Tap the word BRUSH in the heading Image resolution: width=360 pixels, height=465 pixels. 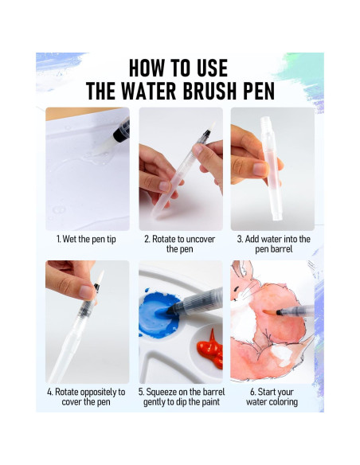(209, 91)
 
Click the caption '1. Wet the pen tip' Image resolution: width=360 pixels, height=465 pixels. (86, 239)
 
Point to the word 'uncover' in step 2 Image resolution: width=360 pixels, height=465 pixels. (199, 239)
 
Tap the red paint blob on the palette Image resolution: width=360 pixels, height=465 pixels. (211, 349)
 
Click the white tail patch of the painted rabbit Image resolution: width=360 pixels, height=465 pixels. (281, 354)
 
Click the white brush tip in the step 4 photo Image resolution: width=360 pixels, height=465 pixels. (100, 277)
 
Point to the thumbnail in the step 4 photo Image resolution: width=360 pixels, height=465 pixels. (87, 292)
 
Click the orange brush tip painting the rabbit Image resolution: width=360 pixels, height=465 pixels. (269, 312)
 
